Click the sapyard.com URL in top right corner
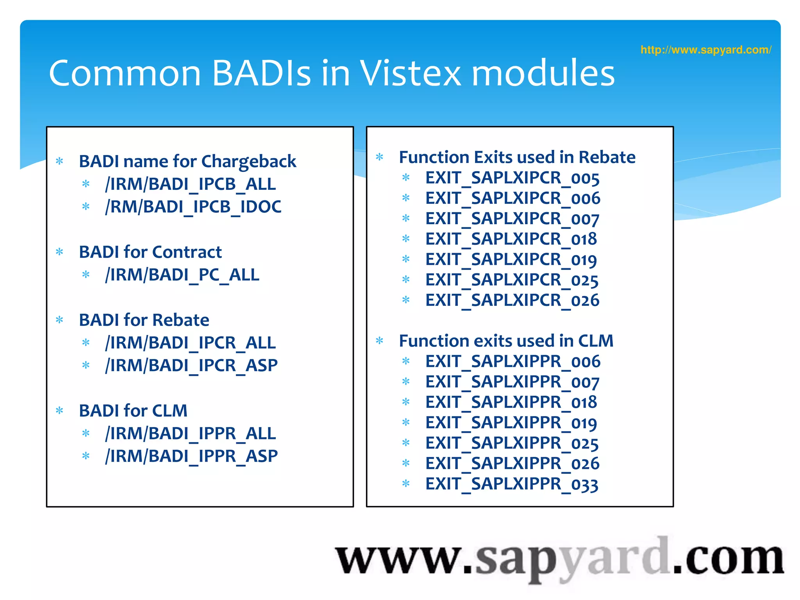point(705,50)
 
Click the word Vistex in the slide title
point(410,73)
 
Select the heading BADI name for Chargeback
point(187,161)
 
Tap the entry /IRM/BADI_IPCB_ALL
point(190,184)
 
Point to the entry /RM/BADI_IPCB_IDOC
point(193,207)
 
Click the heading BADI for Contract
point(150,252)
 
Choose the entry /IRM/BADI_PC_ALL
point(182,275)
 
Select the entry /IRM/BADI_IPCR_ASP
point(191,365)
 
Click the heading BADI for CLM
point(133,411)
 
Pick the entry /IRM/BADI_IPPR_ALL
point(190,433)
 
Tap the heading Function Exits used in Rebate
point(517,157)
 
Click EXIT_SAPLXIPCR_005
point(512,178)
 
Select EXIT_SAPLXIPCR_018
point(511,239)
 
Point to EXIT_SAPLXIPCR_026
point(512,300)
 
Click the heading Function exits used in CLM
point(506,341)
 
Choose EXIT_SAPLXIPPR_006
point(512,361)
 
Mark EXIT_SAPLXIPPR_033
point(512,484)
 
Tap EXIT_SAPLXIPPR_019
point(511,423)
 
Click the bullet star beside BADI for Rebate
point(59,320)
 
